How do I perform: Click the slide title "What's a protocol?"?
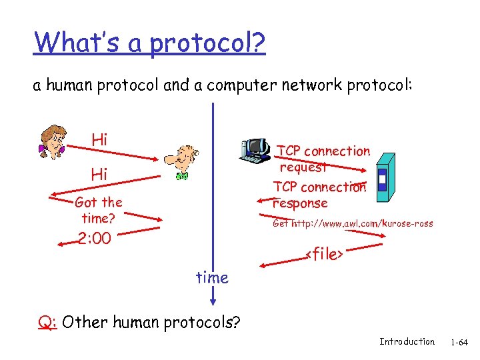(x=150, y=43)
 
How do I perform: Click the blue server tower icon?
(x=385, y=175)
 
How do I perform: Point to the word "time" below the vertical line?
(x=212, y=278)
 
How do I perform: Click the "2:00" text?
(x=95, y=239)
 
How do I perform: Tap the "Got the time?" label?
(x=99, y=210)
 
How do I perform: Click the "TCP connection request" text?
(x=323, y=159)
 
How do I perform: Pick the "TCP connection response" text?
(x=319, y=195)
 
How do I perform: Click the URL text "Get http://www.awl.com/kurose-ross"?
(x=353, y=223)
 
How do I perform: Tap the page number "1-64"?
(x=459, y=343)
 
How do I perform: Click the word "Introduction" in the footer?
(x=407, y=342)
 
